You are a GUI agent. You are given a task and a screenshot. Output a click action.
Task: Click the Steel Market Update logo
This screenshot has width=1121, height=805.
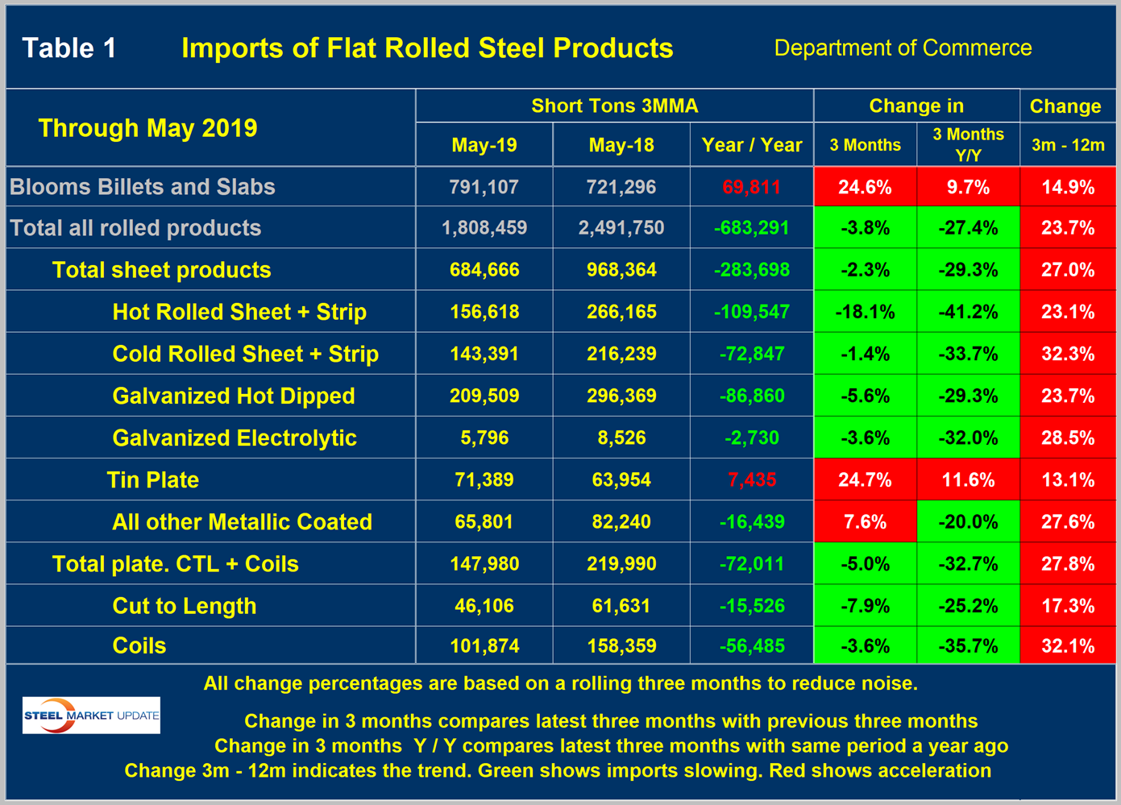click(91, 715)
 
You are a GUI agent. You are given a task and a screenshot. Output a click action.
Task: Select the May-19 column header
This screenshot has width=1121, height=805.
click(484, 146)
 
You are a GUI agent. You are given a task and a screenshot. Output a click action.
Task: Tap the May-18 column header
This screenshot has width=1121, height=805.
click(621, 146)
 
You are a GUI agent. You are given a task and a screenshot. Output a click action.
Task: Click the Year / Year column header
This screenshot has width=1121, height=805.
click(752, 146)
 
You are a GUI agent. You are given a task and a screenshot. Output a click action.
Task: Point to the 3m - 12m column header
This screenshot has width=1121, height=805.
click(1068, 146)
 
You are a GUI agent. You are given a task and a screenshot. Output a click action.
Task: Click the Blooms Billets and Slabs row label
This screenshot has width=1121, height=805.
click(143, 187)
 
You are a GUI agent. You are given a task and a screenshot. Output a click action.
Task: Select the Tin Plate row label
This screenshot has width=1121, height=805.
click(153, 480)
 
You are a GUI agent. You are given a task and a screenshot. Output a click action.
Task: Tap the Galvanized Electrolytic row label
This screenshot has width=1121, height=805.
click(235, 438)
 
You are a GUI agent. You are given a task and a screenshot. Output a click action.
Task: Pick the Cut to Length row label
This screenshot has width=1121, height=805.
click(185, 606)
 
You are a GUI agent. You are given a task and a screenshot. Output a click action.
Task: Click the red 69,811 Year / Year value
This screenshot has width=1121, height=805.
click(752, 187)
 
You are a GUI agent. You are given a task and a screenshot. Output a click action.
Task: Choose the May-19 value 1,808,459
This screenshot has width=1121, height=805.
click(484, 228)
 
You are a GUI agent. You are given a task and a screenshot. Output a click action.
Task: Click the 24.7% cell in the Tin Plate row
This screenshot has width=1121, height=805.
click(865, 480)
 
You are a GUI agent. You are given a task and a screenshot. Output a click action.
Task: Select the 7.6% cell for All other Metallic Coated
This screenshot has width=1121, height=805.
click(865, 522)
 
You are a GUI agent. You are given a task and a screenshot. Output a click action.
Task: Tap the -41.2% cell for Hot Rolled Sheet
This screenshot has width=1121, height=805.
click(968, 312)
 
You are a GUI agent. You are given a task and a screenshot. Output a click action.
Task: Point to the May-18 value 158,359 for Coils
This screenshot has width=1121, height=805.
click(621, 646)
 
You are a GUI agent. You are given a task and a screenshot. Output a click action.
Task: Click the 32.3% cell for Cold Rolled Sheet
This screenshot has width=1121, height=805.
click(1068, 354)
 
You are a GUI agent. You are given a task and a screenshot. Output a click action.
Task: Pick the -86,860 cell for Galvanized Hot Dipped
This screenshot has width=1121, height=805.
click(752, 396)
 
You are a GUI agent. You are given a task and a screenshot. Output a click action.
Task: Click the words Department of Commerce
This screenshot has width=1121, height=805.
click(903, 48)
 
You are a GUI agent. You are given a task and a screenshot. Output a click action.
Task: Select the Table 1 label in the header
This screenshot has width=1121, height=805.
click(69, 48)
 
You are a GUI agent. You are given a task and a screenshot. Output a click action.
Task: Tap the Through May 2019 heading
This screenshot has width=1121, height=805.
click(147, 128)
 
